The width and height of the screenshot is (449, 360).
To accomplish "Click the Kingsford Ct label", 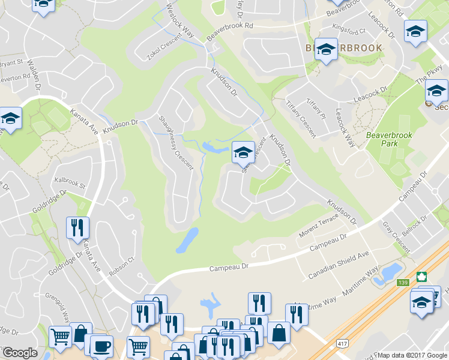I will point(352,32).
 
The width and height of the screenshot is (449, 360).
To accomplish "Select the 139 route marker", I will point(402,282).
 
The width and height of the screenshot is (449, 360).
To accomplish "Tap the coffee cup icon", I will point(101,346).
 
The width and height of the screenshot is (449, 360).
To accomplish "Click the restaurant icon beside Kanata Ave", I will point(77,228).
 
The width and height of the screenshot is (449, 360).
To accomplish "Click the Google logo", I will point(20,353).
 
